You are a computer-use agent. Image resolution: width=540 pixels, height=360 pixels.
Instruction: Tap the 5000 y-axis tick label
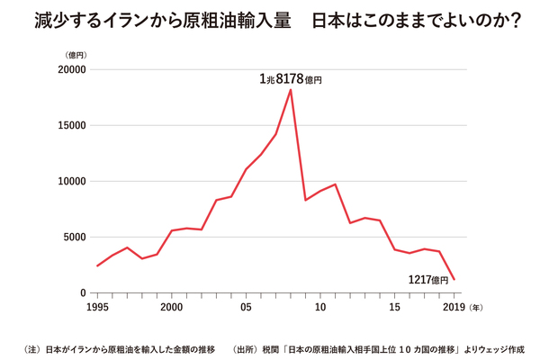coord(73,238)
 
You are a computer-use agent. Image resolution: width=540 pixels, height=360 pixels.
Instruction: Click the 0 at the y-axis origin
coord(82,293)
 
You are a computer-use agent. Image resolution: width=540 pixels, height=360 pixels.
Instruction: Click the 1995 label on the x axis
coord(97,308)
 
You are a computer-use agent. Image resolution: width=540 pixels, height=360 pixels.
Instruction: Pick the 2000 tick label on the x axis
coord(172,308)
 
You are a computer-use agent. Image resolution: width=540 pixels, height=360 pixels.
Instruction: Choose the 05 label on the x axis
coord(246,308)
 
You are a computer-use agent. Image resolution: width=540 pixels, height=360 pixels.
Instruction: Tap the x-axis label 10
coord(320,308)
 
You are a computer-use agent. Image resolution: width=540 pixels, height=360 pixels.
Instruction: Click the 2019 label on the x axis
coord(454,308)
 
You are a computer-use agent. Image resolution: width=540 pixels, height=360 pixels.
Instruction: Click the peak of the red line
coord(291,90)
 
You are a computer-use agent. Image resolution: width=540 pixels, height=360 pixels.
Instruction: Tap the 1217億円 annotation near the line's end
coord(427,280)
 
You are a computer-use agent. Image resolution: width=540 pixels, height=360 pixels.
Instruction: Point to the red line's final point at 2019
coord(454,280)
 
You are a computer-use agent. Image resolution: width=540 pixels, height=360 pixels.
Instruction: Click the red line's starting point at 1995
coord(97,265)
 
